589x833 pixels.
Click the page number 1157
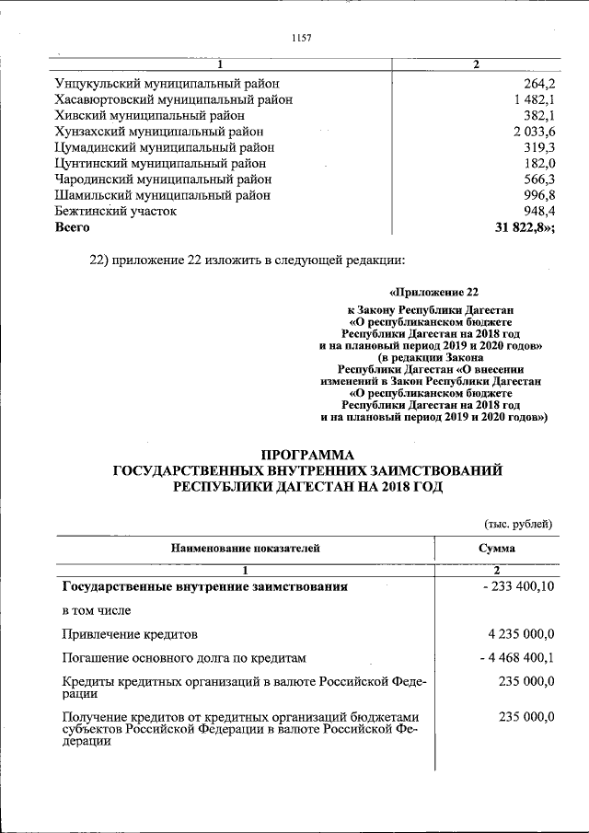tap(302, 38)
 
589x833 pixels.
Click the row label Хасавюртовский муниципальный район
tap(173, 99)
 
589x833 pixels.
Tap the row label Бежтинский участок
tap(115, 211)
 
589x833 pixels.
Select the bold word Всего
tap(73, 227)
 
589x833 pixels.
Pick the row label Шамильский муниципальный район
tap(162, 195)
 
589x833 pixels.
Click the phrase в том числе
tap(96, 609)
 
